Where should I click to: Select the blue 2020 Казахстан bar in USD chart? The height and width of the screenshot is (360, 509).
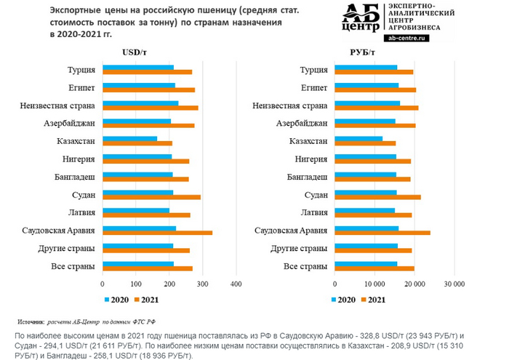pos(129,137)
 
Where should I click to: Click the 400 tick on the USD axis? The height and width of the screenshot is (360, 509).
pos(236,284)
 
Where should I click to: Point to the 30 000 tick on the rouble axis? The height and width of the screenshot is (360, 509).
pos(454,284)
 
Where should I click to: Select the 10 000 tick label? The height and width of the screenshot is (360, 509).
pos(374,284)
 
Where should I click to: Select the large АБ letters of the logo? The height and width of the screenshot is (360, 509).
pos(362,13)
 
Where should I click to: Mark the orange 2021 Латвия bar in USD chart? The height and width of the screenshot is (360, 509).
pos(146,215)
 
